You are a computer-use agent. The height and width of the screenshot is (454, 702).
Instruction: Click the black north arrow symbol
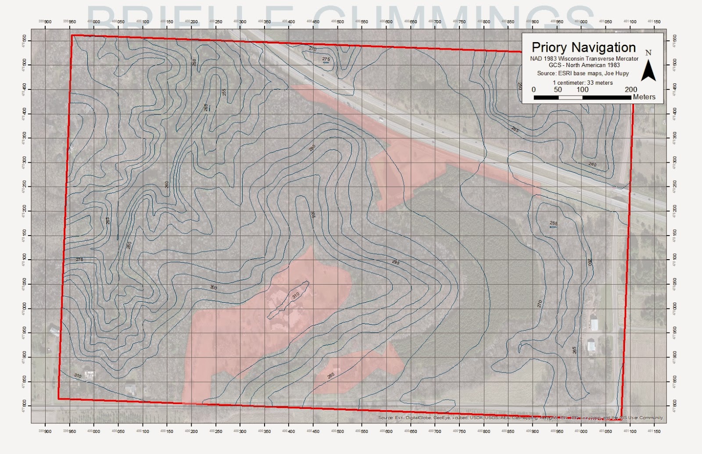point(648,71)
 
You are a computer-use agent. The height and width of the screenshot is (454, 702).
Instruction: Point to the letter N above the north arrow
point(648,53)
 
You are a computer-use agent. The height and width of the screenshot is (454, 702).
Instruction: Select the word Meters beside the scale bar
point(644,97)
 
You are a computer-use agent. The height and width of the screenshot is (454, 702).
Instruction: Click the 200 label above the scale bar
point(631,89)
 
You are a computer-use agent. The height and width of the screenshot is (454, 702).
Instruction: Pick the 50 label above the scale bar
point(558,89)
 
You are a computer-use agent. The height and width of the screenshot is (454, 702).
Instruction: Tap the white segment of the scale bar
point(570,97)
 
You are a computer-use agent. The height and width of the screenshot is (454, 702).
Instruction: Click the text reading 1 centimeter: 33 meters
point(583,82)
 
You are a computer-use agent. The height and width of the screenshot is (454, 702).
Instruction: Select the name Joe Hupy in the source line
point(616,73)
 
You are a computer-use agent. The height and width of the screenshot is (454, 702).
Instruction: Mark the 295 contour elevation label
point(396,262)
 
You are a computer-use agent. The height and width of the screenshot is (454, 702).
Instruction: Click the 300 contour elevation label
point(213,287)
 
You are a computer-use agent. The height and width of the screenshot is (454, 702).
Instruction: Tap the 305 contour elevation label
point(313,214)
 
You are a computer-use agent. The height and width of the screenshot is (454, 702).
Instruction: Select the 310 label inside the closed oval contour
point(295,295)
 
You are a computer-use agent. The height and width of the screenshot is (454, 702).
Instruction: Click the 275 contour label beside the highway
point(326,59)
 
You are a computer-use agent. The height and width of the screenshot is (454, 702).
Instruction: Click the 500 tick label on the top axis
point(340,21)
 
